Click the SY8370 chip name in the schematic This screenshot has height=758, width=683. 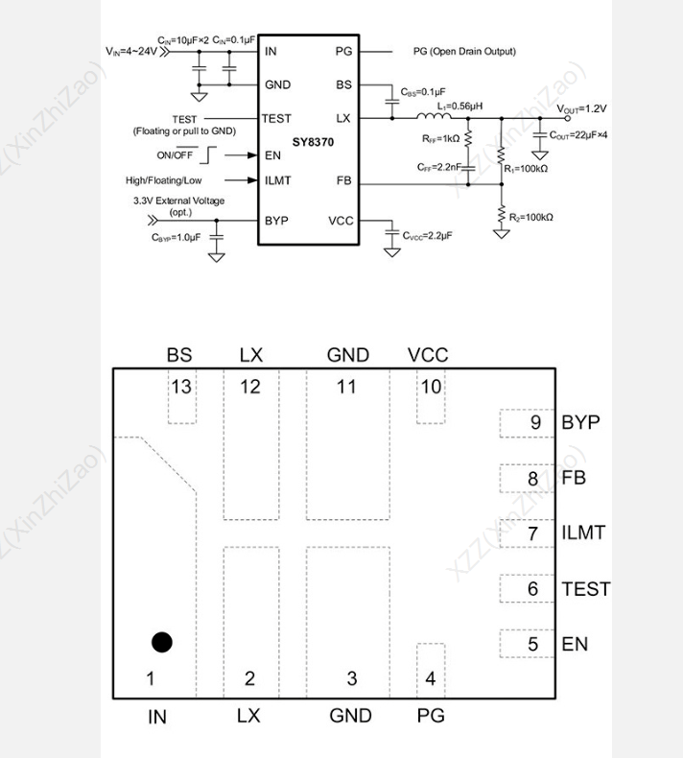(313, 142)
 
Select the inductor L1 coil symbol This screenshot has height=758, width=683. (434, 115)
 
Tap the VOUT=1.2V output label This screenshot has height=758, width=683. (581, 109)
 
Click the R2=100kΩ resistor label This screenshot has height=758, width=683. (531, 218)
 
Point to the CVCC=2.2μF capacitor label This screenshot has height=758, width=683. (427, 236)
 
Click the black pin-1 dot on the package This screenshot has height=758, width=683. (161, 643)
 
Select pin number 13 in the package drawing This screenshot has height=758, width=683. (181, 387)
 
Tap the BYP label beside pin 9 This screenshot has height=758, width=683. (580, 422)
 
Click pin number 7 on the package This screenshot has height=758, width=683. (532, 533)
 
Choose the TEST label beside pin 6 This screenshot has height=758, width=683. (586, 589)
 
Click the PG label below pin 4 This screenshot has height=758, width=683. (431, 716)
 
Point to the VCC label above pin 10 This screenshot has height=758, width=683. (428, 355)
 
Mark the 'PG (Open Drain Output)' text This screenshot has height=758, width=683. (464, 51)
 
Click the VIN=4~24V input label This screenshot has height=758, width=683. (131, 51)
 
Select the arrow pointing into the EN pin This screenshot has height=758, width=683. (241, 155)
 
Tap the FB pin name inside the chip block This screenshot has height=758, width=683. (343, 180)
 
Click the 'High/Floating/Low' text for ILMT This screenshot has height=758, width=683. (163, 180)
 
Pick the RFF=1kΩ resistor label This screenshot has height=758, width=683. (441, 139)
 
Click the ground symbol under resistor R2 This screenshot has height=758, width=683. (502, 234)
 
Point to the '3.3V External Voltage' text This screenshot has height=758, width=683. (178, 201)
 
